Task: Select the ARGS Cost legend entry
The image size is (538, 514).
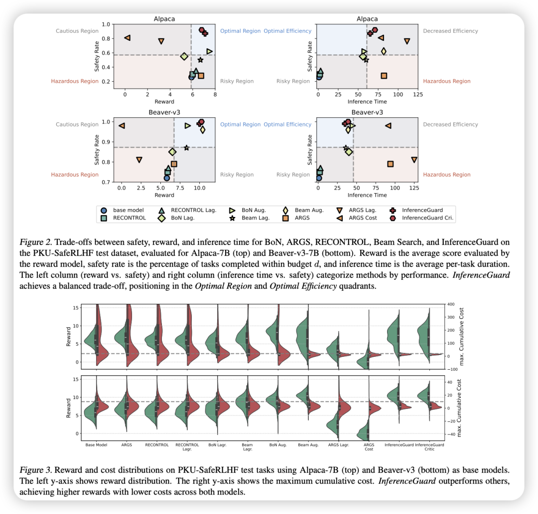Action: pyautogui.click(x=363, y=217)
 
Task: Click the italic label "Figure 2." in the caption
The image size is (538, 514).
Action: pyautogui.click(x=35, y=242)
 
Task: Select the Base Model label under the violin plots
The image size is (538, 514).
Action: pyautogui.click(x=97, y=445)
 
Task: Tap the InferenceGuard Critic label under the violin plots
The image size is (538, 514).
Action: pyautogui.click(x=429, y=447)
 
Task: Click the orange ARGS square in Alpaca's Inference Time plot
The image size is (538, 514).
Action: pyautogui.click(x=384, y=76)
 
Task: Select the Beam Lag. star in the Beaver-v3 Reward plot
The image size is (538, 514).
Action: pyautogui.click(x=186, y=148)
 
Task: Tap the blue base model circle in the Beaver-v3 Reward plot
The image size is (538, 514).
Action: pyautogui.click(x=167, y=178)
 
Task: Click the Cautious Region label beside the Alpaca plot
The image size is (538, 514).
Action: pyautogui.click(x=77, y=31)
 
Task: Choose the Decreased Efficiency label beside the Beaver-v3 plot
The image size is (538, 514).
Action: pyautogui.click(x=450, y=124)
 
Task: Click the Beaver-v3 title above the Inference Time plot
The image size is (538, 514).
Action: pyautogui.click(x=367, y=112)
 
